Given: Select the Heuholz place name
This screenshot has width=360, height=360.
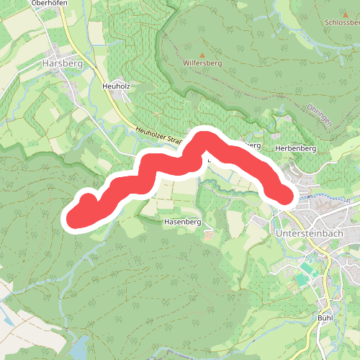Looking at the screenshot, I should click(x=115, y=86).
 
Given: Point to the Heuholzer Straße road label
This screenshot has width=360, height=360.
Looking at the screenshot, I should click(x=158, y=136).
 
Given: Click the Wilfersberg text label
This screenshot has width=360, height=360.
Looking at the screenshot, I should click(x=202, y=63).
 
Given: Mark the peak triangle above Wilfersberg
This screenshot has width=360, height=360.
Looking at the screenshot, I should click(x=202, y=55).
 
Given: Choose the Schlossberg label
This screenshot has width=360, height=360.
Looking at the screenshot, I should click(x=342, y=22).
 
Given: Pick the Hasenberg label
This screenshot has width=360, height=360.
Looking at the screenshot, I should click(x=181, y=222).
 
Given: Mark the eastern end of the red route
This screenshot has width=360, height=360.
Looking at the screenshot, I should click(x=286, y=194).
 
